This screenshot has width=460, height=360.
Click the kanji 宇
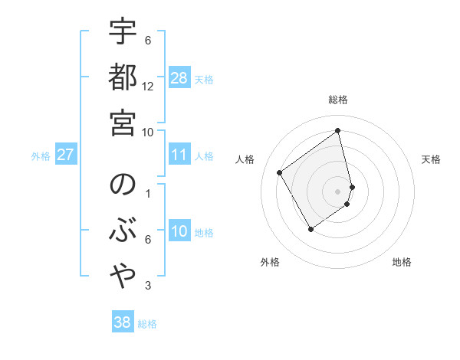123,32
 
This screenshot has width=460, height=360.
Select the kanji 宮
123,123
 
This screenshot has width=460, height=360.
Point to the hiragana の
123,186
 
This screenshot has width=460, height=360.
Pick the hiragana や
123,279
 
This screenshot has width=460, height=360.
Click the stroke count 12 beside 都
148,86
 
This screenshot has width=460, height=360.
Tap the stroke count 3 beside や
148,286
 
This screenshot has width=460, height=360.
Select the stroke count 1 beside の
148,193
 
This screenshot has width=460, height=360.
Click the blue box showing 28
179,78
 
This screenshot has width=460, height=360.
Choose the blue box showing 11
179,155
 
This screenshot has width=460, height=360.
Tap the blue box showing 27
66,155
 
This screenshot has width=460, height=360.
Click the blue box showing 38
123,322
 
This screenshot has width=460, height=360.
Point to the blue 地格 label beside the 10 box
205,233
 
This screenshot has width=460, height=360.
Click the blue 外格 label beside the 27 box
41,156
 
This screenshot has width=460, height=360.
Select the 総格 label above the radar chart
338,100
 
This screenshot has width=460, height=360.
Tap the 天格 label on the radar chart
432,159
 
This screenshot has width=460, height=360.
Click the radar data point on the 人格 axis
280,173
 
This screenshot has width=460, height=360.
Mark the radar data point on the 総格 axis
338,130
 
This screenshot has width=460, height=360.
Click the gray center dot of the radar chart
338,191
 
